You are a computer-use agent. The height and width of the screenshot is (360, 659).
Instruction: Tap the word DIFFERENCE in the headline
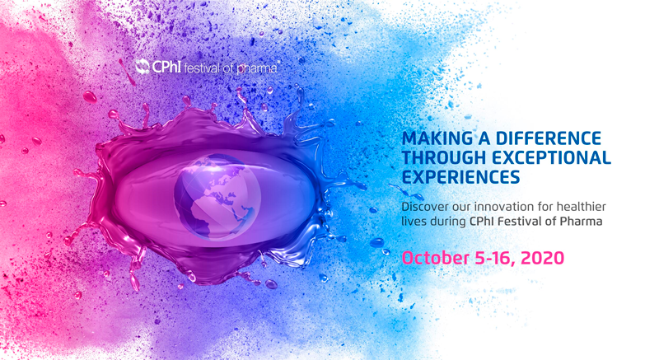(549, 138)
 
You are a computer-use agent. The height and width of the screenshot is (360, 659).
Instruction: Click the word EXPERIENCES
(461, 177)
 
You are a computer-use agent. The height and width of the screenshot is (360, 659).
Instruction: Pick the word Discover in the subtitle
(423, 207)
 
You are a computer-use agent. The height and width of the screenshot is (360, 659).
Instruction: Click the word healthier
(582, 207)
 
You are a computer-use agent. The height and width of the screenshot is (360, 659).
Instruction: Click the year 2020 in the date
(543, 258)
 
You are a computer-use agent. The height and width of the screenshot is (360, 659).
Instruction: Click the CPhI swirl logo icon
(142, 67)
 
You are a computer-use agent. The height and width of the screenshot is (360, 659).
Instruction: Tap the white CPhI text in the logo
(166, 67)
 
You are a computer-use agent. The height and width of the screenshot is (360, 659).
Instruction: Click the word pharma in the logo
(256, 68)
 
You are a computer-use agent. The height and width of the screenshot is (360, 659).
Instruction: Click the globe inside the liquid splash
(217, 197)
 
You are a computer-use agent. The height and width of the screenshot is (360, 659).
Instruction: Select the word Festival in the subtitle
(520, 221)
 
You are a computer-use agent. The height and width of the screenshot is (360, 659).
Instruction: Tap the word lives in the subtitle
(411, 221)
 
